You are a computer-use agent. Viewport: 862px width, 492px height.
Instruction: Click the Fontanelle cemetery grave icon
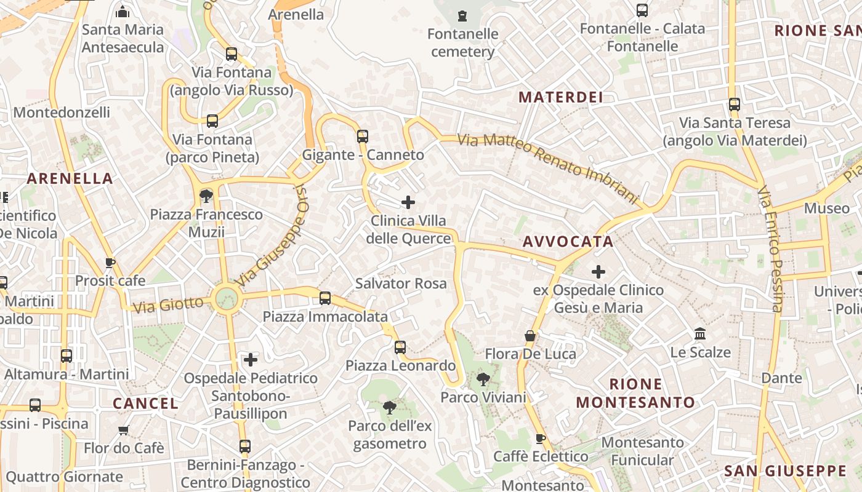click(462, 15)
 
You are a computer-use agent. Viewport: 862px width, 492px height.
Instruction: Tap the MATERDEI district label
click(560, 97)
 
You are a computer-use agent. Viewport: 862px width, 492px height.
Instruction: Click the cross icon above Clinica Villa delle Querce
click(408, 202)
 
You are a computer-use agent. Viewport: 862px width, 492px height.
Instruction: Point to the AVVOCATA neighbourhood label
click(568, 242)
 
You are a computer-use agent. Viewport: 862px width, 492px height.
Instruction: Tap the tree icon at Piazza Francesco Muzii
click(206, 196)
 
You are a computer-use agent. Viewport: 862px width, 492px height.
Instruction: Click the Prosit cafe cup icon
click(110, 263)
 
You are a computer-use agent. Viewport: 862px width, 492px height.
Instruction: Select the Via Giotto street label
click(167, 304)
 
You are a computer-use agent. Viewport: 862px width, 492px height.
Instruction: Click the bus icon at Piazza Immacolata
click(325, 298)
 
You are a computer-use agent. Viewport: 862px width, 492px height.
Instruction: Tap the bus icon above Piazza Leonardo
click(400, 347)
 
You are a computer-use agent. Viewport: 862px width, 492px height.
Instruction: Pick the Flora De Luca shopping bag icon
click(530, 336)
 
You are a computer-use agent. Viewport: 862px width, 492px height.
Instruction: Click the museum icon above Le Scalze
click(700, 334)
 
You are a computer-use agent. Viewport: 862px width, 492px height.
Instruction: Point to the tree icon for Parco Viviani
click(483, 379)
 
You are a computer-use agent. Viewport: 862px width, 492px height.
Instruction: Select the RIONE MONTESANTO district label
click(635, 394)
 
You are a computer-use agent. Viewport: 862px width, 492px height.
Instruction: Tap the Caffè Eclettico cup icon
click(541, 438)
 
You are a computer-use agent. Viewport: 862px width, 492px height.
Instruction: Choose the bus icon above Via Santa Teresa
click(734, 105)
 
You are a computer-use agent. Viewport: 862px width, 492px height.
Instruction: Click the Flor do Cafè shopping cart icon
click(124, 430)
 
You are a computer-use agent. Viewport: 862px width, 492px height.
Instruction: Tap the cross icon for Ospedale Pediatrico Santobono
click(251, 359)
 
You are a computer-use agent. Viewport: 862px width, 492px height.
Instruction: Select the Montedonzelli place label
click(62, 113)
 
